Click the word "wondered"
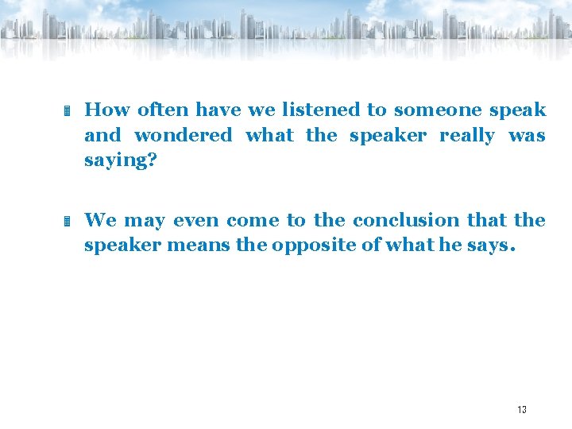(183, 135)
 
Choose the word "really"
(466, 135)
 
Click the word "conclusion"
(406, 220)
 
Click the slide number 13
(522, 410)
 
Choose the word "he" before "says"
(450, 245)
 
